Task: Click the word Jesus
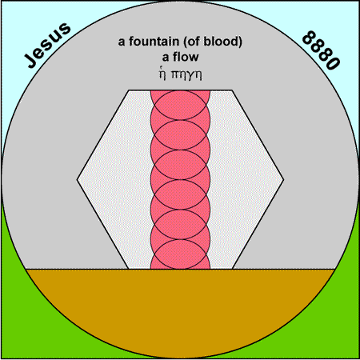tap(47, 45)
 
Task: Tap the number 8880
tap(321, 50)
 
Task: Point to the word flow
tap(186, 57)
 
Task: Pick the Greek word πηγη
tap(186, 75)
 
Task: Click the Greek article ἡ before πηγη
tap(162, 74)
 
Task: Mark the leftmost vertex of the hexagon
tap(77, 180)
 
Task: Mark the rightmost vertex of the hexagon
tap(283, 180)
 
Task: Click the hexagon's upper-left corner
tap(129, 90)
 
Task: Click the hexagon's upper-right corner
tap(232, 90)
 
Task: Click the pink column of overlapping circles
tap(180, 180)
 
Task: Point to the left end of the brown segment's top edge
tap(26, 270)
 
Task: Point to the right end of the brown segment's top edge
tap(335, 270)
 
